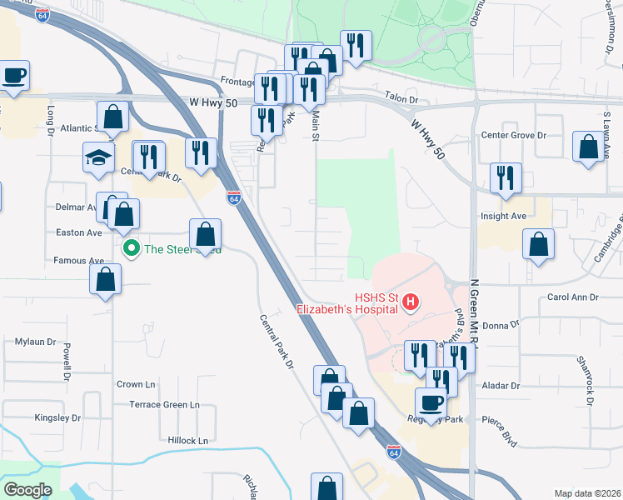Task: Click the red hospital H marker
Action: [409, 302]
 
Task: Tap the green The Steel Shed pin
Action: [131, 248]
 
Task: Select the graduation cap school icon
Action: [98, 157]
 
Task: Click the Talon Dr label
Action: [401, 99]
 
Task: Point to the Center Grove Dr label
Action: [514, 135]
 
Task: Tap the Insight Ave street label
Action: [504, 216]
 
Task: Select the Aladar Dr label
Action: [500, 386]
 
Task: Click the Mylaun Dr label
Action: [35, 342]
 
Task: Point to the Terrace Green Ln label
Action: [164, 405]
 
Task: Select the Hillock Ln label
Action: [187, 440]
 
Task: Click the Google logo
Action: [27, 490]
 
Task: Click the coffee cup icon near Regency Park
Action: [431, 402]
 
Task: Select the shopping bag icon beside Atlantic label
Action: [112, 117]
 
